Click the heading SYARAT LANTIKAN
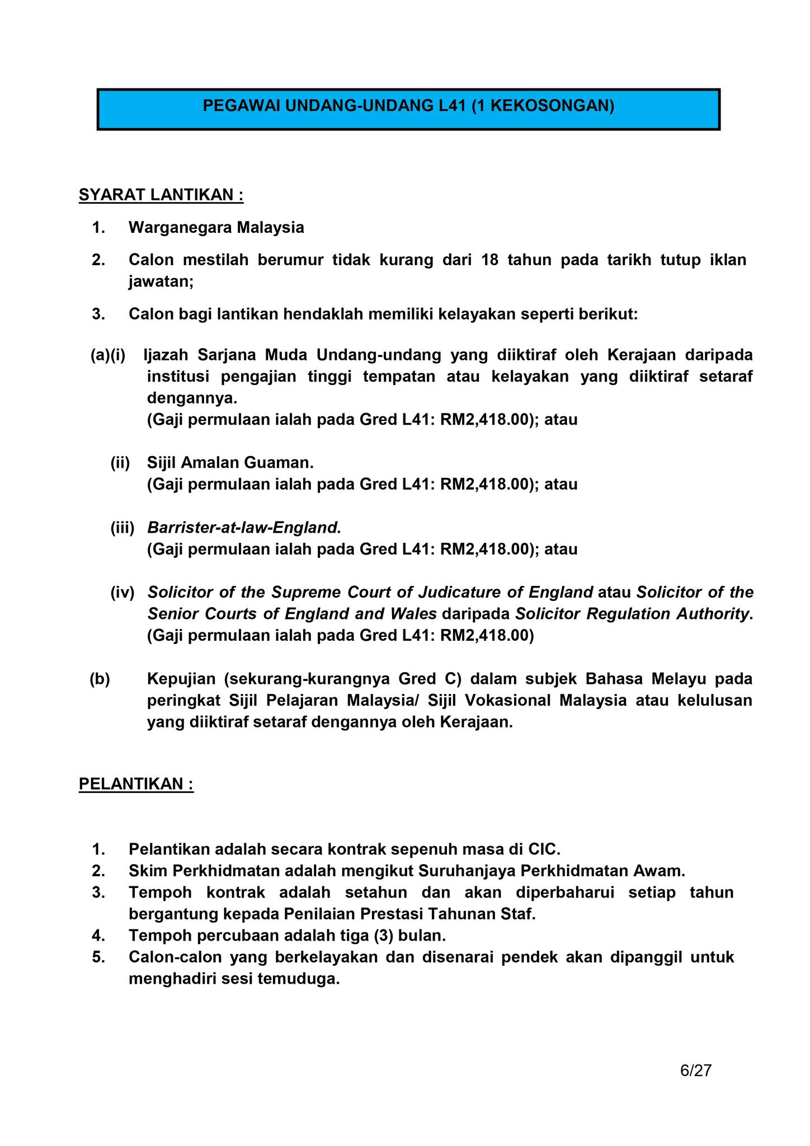[x=161, y=195]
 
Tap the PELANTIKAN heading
[x=136, y=784]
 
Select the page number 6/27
[x=695, y=1070]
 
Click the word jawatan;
[x=161, y=281]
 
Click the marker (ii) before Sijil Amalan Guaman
[x=120, y=463]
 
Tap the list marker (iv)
[x=122, y=592]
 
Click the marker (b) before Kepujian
[x=100, y=679]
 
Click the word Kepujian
[x=181, y=679]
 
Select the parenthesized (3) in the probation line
[x=382, y=936]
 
